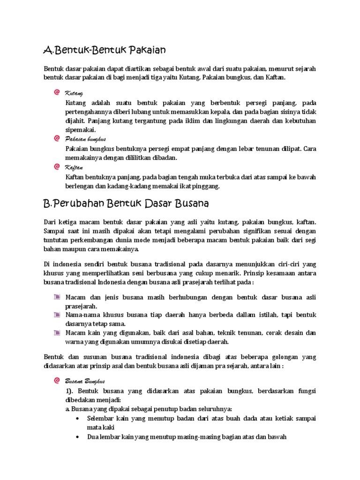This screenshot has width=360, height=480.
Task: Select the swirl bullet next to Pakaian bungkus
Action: [57, 139]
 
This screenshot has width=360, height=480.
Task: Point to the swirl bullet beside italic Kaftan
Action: [57, 166]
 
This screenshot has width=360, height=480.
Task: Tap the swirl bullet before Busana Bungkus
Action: [57, 381]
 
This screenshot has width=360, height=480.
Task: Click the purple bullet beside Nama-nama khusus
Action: [57, 315]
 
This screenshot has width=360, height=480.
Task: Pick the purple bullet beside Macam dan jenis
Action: [57, 296]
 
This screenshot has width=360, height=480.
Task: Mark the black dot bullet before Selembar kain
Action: [77, 418]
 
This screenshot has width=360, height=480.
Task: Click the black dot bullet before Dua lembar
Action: [77, 437]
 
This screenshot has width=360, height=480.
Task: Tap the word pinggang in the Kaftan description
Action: [206, 186]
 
